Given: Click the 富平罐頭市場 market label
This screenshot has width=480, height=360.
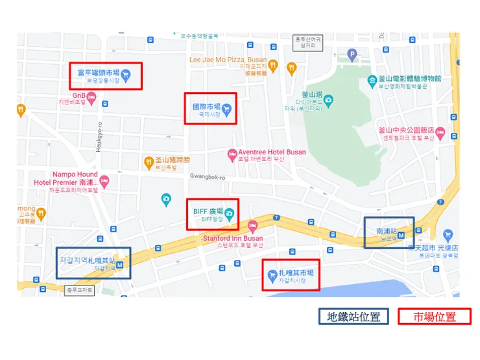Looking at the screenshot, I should coord(94,73).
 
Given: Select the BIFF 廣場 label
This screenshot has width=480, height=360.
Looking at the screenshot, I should coord(208,211).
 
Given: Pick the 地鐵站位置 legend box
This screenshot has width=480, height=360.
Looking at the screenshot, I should coord(354,317).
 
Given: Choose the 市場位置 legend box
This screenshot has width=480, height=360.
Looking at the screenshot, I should coord(435,317).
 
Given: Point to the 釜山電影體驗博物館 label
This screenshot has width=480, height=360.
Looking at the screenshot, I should coord(409,78).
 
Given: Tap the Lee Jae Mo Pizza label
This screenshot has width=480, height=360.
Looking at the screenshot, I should coord(228,59).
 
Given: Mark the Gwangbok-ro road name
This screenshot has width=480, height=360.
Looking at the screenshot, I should coord(207,176).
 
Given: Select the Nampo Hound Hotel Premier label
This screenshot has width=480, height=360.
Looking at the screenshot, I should coord(66,178).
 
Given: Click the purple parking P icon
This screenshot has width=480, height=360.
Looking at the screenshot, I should coord(352,54).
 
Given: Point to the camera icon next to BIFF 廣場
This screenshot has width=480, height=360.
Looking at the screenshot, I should coord(229,212).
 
